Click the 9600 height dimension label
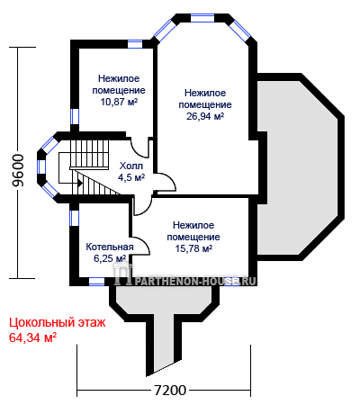(18, 170)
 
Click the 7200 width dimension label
(170, 391)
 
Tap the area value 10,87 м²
(119, 102)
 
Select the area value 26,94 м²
(205, 116)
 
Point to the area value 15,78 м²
(193, 248)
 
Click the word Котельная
(110, 247)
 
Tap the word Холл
(131, 166)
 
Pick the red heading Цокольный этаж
(58, 323)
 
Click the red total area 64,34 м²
(33, 337)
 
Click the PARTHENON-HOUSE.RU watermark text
(193, 281)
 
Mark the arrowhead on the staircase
(80, 182)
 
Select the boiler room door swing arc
(143, 244)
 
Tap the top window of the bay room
(202, 18)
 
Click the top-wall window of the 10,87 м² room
(135, 44)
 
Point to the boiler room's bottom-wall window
(97, 282)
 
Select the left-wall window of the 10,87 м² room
(75, 116)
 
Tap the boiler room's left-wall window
(74, 218)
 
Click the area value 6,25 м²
(110, 258)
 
